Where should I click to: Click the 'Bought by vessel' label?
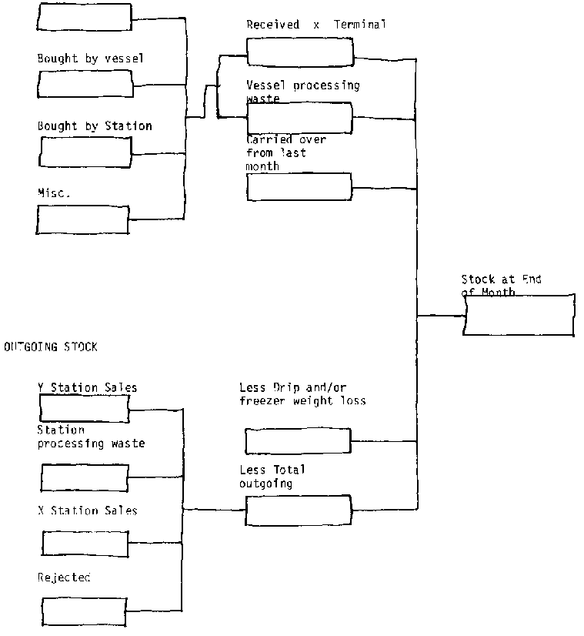pyautogui.click(x=90, y=58)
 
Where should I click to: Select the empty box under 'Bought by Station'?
pyautogui.click(x=84, y=152)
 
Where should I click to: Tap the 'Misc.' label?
pyautogui.click(x=54, y=193)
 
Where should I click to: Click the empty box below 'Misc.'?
pyautogui.click(x=82, y=219)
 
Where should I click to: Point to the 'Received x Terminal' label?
pyautogui.click(x=316, y=25)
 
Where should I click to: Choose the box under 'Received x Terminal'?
pyautogui.click(x=299, y=50)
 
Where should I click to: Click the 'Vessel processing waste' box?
pyautogui.click(x=299, y=118)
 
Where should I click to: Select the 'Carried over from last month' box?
pyautogui.click(x=299, y=187)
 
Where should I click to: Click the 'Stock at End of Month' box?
pyautogui.click(x=519, y=314)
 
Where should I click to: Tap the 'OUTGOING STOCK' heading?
pyautogui.click(x=51, y=347)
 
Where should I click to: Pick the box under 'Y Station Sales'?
pyautogui.click(x=84, y=408)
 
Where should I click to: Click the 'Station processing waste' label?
pyautogui.click(x=91, y=437)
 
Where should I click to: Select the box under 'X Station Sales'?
pyautogui.click(x=85, y=544)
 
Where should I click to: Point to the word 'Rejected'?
pyautogui.click(x=64, y=577)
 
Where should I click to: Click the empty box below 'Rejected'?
pyautogui.click(x=84, y=611)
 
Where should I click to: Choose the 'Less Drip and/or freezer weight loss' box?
pyautogui.click(x=298, y=441)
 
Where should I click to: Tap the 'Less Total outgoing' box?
pyautogui.click(x=298, y=510)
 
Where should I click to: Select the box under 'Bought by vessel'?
pyautogui.click(x=84, y=84)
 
